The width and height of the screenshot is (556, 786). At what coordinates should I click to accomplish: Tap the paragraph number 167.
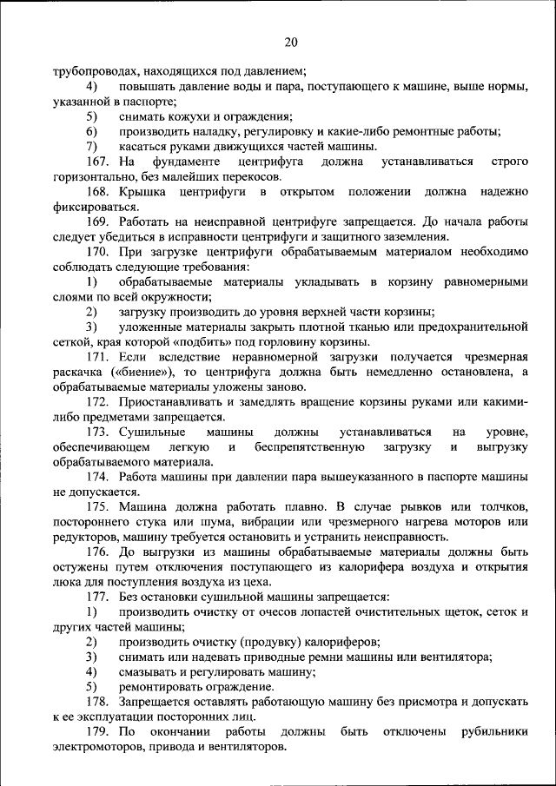97,162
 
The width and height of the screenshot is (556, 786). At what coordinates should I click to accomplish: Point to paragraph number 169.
97,221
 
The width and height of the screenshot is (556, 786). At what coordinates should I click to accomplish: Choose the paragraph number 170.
97,251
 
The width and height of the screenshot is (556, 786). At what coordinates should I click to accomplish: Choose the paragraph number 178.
97,701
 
